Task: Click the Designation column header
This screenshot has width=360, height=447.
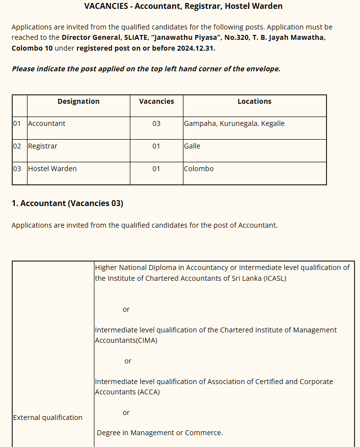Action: coord(78,101)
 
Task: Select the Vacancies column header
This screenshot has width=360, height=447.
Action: coord(156,101)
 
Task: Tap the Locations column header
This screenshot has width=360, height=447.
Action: coord(254,101)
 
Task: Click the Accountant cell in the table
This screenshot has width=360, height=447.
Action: coord(47,123)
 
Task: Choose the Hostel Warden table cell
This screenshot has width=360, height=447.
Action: coord(52,169)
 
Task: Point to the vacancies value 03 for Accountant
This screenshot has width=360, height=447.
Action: coord(156,123)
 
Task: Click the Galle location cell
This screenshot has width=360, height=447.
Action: coord(192,146)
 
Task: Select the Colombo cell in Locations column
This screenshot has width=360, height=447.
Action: coord(199,169)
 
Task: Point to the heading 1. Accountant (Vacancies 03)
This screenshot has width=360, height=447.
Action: coord(67,203)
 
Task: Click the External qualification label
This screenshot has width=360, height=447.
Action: coord(48,417)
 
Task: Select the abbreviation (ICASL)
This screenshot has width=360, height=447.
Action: coord(274,278)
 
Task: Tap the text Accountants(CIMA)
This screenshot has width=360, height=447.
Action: coord(126,340)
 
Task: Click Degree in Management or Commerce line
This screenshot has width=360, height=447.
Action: coord(160,433)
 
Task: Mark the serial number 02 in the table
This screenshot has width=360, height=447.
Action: coord(17,146)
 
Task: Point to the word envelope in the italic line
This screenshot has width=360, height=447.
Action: coord(263,69)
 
